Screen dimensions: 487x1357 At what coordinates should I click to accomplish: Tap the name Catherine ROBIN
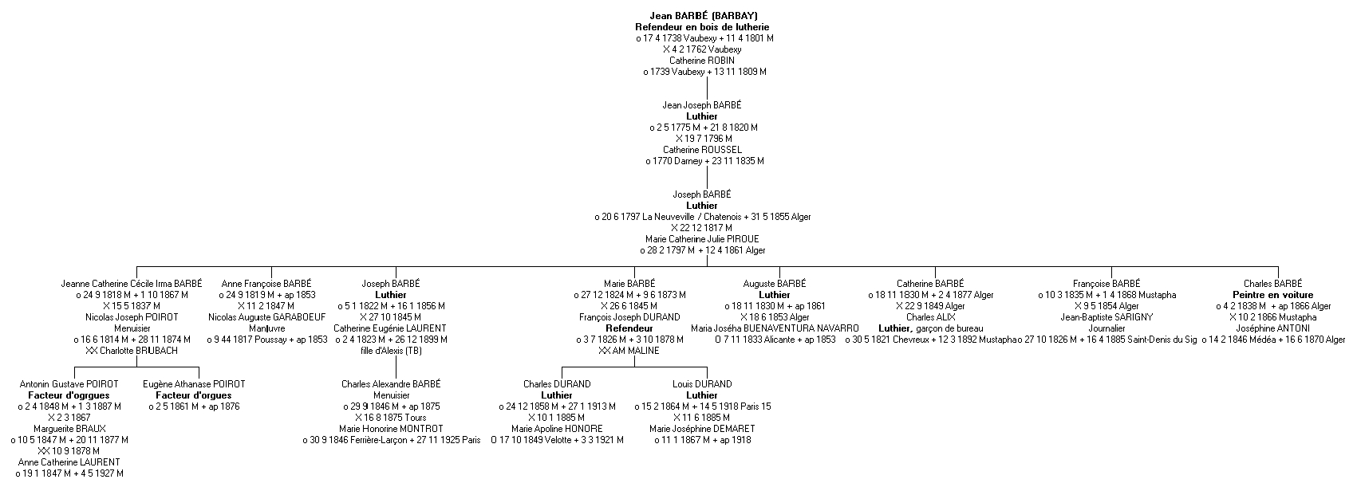tap(702, 61)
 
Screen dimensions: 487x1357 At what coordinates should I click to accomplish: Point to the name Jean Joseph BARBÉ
tap(702, 105)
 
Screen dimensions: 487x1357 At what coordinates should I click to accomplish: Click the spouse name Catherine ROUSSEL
tap(702, 150)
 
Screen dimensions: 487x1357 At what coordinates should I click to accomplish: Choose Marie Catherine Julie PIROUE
tap(702, 239)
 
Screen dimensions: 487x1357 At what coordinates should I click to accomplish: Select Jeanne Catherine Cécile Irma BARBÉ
tap(132, 284)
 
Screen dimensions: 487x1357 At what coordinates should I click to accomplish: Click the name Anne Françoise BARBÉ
tap(266, 284)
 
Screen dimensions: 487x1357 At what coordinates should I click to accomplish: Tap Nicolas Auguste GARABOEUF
tap(266, 317)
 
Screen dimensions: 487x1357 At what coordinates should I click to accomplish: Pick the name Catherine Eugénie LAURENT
tap(390, 328)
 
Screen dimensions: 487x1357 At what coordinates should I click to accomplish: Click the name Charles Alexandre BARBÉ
tap(390, 384)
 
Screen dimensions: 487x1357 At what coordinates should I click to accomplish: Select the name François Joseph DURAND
tap(629, 317)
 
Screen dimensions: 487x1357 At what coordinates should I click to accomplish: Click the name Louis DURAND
tap(702, 384)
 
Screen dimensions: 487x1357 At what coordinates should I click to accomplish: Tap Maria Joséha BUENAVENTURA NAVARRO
tap(775, 328)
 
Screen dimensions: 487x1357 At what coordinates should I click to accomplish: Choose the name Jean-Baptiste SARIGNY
tap(1107, 317)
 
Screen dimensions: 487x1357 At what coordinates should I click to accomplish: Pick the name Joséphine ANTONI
tap(1272, 328)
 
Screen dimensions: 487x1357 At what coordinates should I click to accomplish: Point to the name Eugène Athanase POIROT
tap(194, 384)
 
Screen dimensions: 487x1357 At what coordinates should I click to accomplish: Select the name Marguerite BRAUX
tap(69, 429)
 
